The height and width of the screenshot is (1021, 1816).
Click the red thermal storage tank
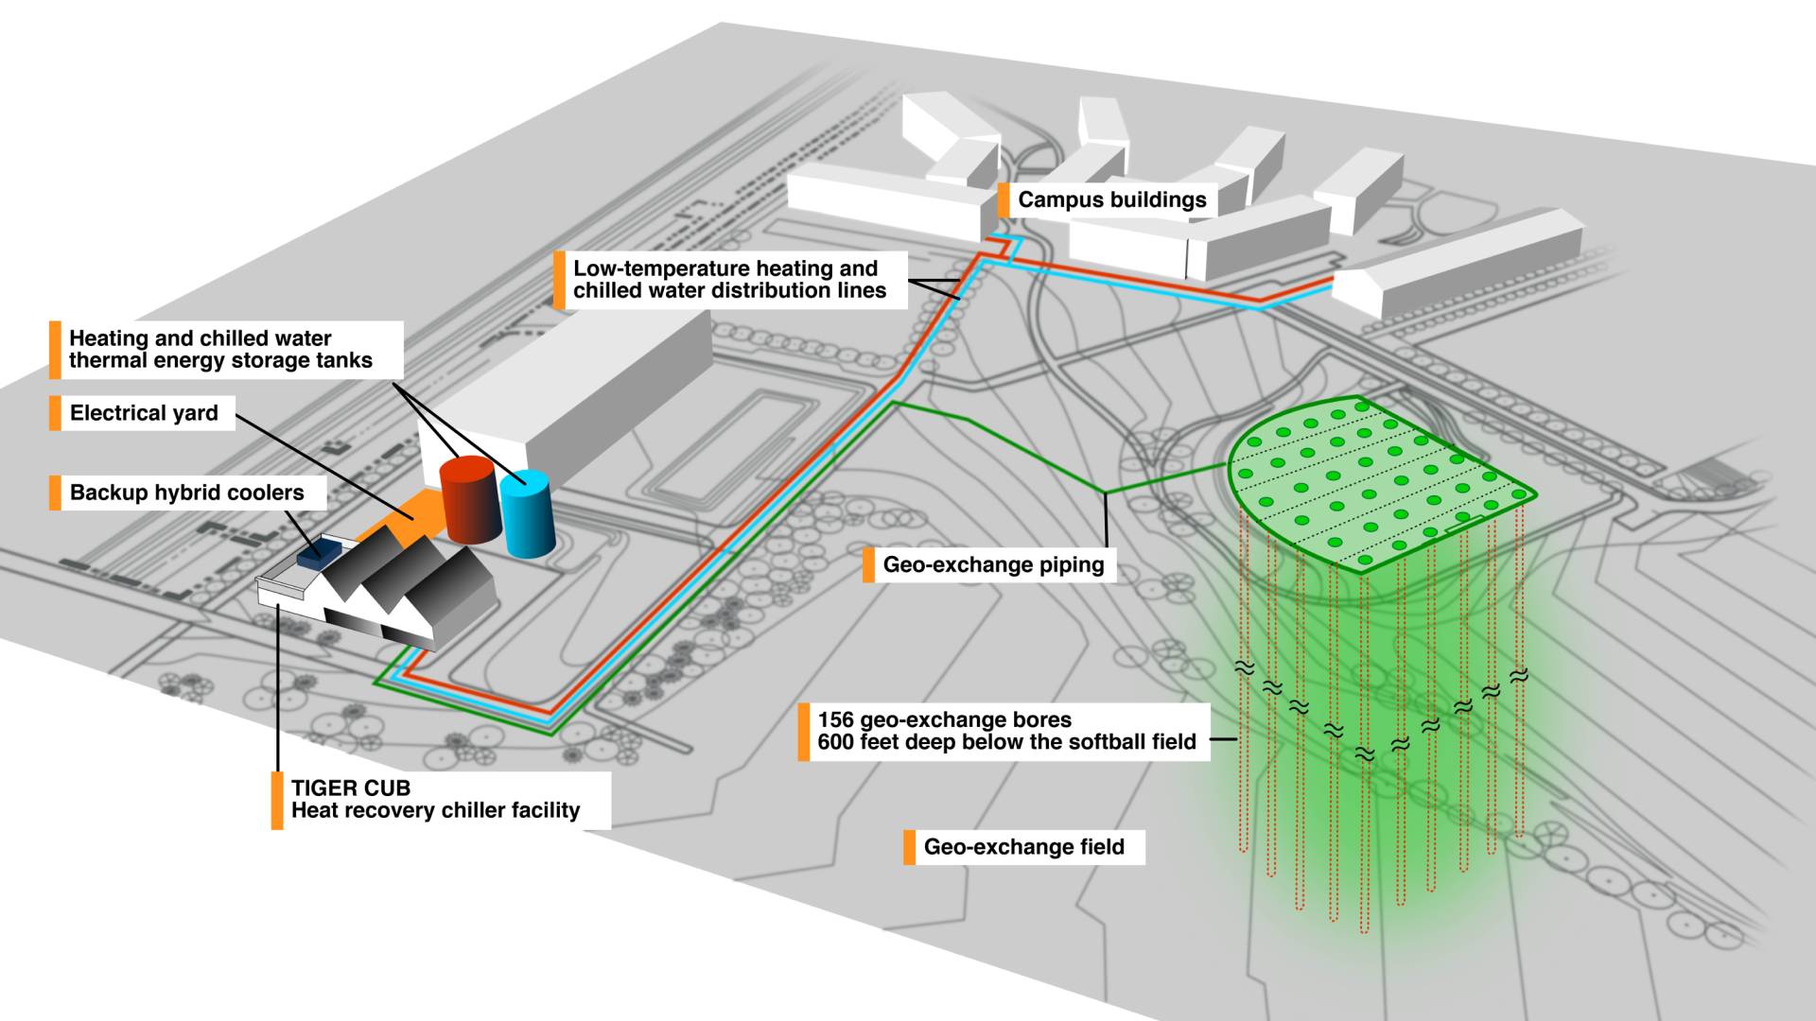tap(469, 501)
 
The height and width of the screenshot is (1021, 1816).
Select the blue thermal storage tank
tap(527, 515)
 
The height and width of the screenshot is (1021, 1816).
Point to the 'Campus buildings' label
tap(1111, 200)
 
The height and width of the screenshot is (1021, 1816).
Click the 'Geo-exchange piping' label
tap(993, 565)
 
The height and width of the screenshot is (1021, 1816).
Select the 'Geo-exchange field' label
tap(1023, 847)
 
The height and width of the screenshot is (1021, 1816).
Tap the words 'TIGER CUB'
tap(350, 788)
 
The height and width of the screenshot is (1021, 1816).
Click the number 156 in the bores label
tap(836, 720)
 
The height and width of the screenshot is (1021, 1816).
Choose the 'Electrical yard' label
tap(144, 413)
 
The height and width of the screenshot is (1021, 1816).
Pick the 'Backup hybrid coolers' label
tap(186, 493)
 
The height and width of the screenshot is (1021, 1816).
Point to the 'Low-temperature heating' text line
tap(725, 268)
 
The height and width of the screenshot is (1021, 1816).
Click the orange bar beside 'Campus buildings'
tap(1004, 200)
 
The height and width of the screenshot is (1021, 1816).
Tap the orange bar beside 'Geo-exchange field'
tap(909, 847)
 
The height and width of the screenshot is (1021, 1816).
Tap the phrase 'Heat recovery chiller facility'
tap(435, 811)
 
